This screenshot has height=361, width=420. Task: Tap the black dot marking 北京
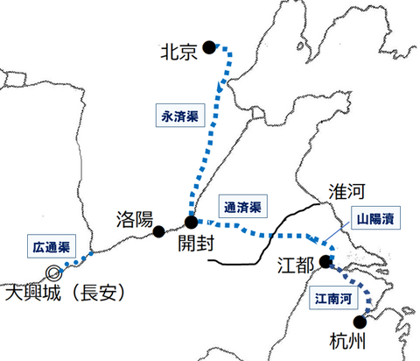[208, 48]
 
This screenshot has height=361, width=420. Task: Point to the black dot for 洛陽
[159, 231]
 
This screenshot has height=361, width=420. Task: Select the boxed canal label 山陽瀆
[376, 216]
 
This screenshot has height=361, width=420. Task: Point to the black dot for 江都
[325, 261]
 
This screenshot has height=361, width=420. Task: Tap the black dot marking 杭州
[371, 321]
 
